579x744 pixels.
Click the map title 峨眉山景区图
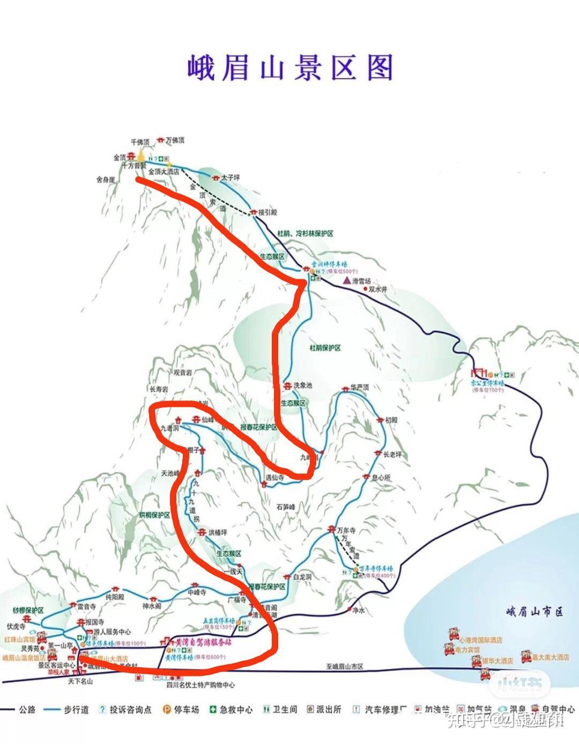[x=290, y=68]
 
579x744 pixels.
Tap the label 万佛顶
[x=175, y=140]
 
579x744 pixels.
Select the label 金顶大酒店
[x=164, y=172]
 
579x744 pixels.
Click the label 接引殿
[x=268, y=213]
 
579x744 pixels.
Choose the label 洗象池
[x=303, y=386]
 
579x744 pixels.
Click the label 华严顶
[x=360, y=387]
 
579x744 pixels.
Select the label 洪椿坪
[x=218, y=532]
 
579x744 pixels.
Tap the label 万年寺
[x=346, y=531]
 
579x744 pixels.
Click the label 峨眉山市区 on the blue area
[x=535, y=612]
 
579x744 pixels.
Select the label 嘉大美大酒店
[x=550, y=657]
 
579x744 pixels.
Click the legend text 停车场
[x=187, y=710]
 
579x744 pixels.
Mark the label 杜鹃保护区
[x=325, y=348]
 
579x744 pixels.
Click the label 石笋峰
[x=290, y=506]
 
